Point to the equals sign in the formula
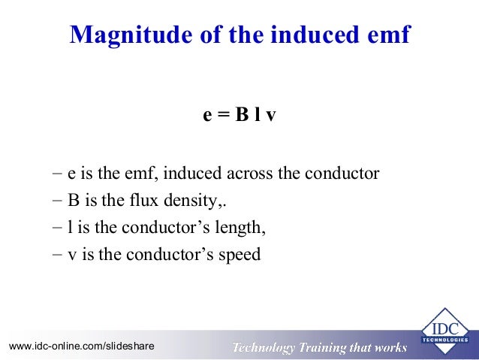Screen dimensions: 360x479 pos(222,118)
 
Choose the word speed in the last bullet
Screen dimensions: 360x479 pos(239,255)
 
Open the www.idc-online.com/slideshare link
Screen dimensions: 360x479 pos(81,346)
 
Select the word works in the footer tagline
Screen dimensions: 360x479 pos(390,347)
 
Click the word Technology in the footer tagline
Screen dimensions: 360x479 pos(264,347)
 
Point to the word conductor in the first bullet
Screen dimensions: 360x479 pos(342,174)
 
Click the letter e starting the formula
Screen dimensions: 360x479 pos(208,118)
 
